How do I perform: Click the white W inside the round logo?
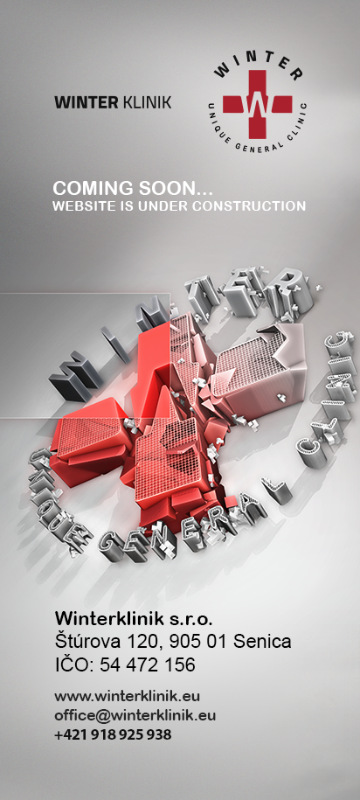[257, 104]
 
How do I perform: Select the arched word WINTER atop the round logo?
[258, 66]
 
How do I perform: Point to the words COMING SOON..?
[132, 188]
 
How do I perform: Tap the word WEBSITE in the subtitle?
[78, 206]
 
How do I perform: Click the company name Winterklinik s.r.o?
[133, 619]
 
